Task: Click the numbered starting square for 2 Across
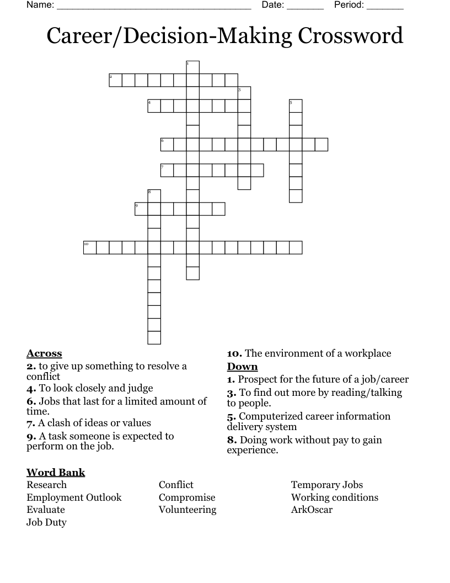click(x=115, y=80)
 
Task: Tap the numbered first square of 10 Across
click(x=90, y=247)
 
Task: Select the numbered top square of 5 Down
click(x=296, y=105)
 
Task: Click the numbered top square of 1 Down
click(x=192, y=67)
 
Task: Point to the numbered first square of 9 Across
click(x=141, y=209)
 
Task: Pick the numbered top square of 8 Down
click(x=154, y=196)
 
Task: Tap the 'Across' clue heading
click(x=44, y=353)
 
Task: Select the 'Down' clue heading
click(x=242, y=367)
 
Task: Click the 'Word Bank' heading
click(x=56, y=472)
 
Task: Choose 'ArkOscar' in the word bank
click(x=312, y=510)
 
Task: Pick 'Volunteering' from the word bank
click(x=187, y=510)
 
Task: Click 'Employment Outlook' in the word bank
click(x=74, y=497)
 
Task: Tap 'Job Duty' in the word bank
click(x=46, y=522)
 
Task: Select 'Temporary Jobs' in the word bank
click(x=327, y=485)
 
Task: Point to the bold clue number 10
click(x=234, y=353)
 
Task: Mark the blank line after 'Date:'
click(x=305, y=7)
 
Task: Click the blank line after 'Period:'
click(x=385, y=7)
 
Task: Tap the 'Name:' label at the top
click(x=40, y=5)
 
